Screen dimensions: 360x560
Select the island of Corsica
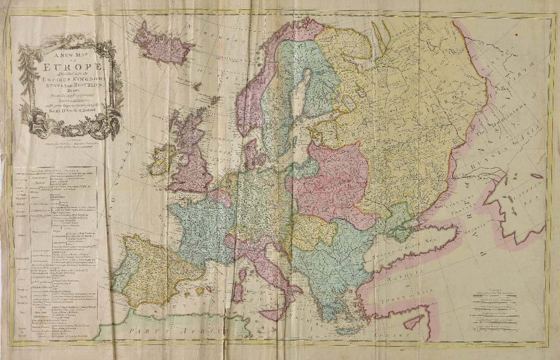click(x=243, y=273)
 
